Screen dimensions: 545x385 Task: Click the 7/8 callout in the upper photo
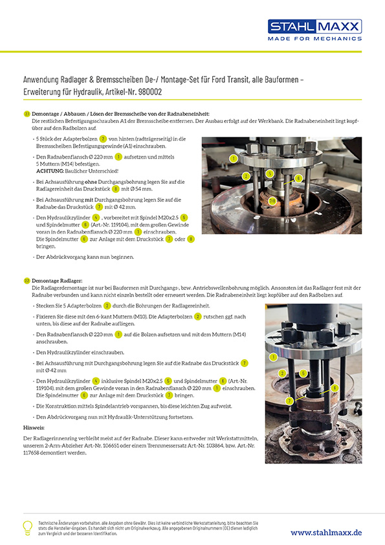(272, 200)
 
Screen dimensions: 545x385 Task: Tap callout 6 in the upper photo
(298, 177)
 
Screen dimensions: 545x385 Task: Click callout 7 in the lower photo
(272, 401)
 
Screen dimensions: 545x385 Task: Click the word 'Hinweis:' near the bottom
(34, 428)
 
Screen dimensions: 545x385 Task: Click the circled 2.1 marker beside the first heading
(27, 113)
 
